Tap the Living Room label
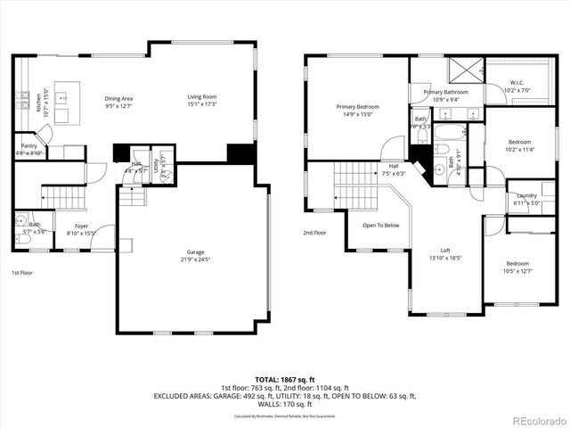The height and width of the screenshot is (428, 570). pyautogui.click(x=201, y=97)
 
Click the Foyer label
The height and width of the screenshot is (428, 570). pyautogui.click(x=81, y=226)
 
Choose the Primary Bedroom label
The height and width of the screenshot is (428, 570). pyautogui.click(x=353, y=106)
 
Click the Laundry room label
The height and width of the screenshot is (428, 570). pyautogui.click(x=525, y=195)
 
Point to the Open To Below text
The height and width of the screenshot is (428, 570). pyautogui.click(x=380, y=225)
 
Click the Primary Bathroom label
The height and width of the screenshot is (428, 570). pyautogui.click(x=445, y=92)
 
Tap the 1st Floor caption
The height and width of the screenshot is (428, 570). pyautogui.click(x=21, y=272)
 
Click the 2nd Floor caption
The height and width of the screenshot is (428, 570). pyautogui.click(x=314, y=233)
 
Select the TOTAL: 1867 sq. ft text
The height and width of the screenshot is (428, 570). pyautogui.click(x=284, y=379)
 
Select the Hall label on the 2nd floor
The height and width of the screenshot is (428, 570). pyautogui.click(x=393, y=166)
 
